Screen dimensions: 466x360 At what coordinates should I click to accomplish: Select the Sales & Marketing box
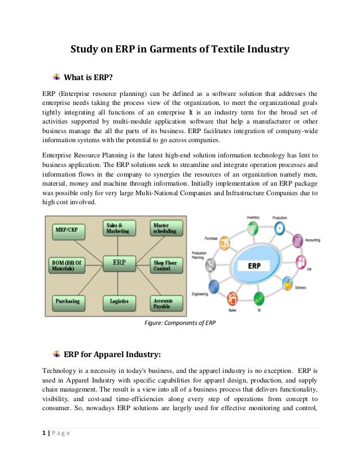tap(118, 227)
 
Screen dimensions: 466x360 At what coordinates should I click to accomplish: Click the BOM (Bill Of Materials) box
tap(68, 265)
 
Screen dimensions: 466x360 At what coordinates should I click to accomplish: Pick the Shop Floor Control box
tap(166, 265)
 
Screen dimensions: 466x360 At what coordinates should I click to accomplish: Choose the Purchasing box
tap(67, 301)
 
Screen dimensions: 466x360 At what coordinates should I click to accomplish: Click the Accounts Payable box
tap(166, 304)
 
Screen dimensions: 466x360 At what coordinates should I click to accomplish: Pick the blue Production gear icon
tap(279, 230)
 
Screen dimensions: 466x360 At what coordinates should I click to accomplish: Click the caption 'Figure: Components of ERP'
tap(180, 323)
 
